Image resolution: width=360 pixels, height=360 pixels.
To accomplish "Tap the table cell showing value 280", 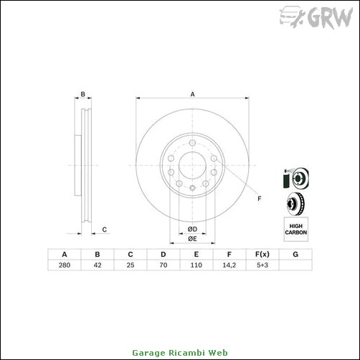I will [x=65, y=265].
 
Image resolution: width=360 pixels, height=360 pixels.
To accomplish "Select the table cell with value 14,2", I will [x=228, y=265].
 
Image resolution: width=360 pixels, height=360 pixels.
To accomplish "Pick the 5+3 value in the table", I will [x=262, y=265].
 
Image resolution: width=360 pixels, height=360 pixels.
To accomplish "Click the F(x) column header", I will [x=262, y=254].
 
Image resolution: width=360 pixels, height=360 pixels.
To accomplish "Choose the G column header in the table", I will [x=295, y=254].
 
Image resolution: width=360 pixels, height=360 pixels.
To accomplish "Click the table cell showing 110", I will [x=196, y=265].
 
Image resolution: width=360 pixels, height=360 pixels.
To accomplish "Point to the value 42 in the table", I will [x=98, y=265].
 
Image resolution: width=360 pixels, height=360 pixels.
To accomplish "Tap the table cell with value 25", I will [x=131, y=265].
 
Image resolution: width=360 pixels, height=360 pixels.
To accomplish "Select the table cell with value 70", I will [x=163, y=265].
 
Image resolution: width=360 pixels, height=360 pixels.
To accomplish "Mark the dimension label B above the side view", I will [x=82, y=94].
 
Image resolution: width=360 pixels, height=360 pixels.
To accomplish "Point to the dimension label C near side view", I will [x=104, y=229].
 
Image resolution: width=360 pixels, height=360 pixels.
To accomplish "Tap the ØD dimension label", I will [x=192, y=229].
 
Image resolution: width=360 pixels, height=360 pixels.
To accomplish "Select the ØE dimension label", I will [x=192, y=239].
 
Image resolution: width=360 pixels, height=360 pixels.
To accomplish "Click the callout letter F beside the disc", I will [x=260, y=198].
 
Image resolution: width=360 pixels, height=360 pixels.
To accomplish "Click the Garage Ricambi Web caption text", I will [x=180, y=353].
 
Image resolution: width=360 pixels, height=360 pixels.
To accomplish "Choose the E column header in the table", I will [x=196, y=254].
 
